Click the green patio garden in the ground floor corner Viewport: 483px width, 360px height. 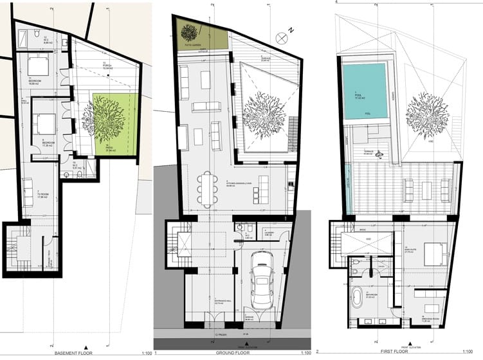coord(200,34)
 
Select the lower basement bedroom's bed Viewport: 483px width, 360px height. coord(43,122)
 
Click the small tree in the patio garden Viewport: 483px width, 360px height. coord(190,32)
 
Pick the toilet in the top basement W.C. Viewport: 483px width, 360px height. coord(39,32)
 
